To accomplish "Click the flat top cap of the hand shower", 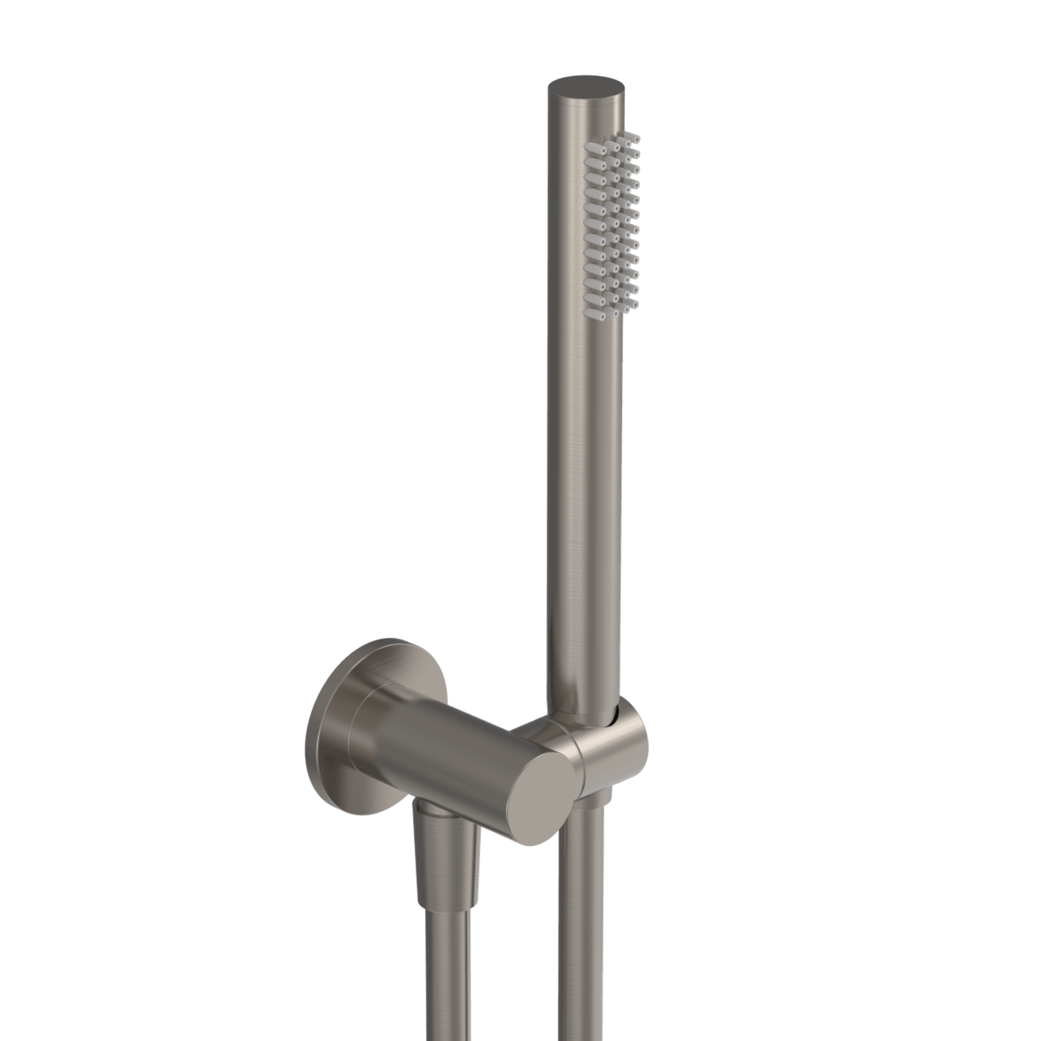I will click(x=584, y=86).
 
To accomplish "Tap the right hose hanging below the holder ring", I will click(x=581, y=932).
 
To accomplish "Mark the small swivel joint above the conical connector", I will click(x=429, y=809).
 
